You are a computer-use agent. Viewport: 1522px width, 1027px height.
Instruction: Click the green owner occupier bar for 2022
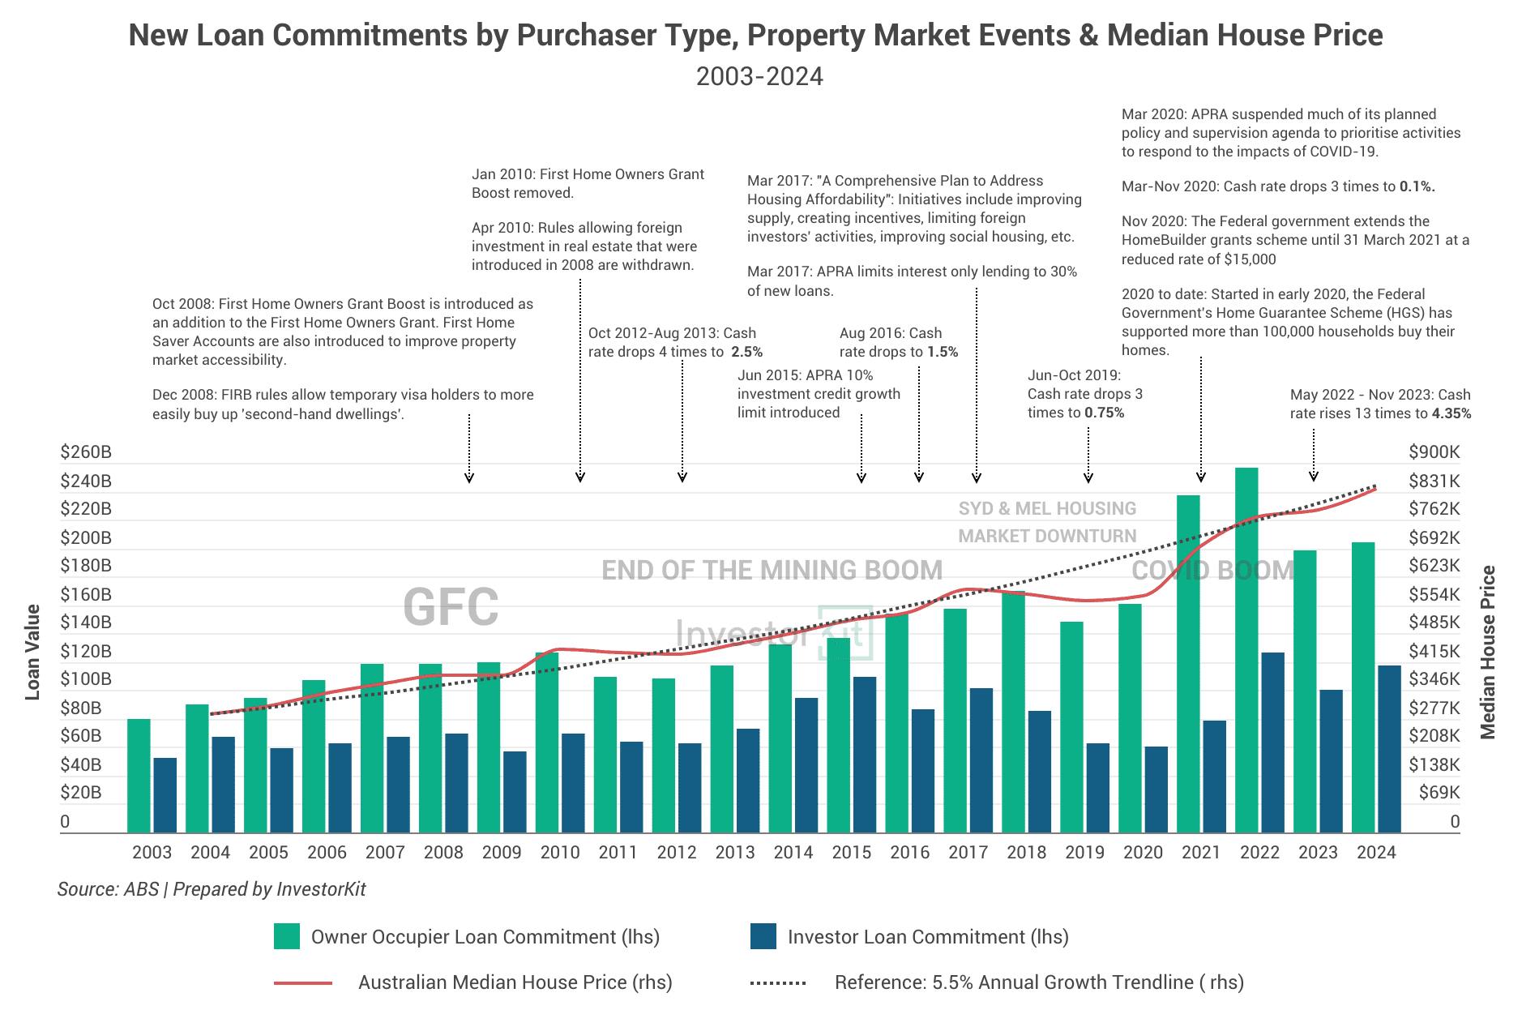[x=1246, y=648]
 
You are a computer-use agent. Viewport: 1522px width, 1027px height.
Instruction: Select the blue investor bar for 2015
[x=865, y=754]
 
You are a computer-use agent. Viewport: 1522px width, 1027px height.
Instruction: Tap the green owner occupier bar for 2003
[x=139, y=775]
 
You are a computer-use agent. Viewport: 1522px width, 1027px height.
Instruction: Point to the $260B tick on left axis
[x=85, y=452]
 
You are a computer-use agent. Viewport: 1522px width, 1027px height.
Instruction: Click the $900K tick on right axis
[x=1434, y=452]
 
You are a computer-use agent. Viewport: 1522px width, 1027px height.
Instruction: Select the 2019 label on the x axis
[x=1084, y=852]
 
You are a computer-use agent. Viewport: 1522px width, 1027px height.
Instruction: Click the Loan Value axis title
[x=32, y=652]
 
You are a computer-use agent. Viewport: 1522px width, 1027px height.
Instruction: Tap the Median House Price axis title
[x=1488, y=652]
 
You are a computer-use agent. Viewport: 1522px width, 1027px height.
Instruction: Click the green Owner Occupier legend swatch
[x=287, y=936]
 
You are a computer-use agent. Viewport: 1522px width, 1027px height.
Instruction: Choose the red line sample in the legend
[x=303, y=982]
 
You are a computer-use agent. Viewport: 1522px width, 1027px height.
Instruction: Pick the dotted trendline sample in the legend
[x=778, y=982]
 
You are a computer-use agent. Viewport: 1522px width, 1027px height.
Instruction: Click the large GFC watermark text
[x=451, y=607]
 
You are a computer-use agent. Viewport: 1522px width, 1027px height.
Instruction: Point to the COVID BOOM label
[x=1212, y=570]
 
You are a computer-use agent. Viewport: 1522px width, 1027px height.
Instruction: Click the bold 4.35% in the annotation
[x=1451, y=413]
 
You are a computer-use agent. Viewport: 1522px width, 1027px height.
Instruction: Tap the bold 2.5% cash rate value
[x=746, y=352]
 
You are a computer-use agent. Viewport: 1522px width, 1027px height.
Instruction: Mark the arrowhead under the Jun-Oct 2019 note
[x=1088, y=478]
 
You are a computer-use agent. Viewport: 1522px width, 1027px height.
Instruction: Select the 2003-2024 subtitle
[x=759, y=76]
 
